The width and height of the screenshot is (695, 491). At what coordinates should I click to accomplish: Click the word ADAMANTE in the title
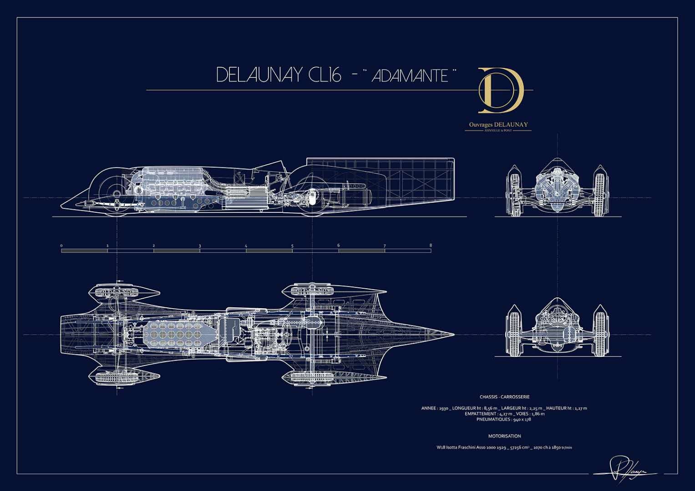click(410, 75)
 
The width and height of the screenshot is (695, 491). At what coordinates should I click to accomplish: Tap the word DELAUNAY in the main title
click(259, 75)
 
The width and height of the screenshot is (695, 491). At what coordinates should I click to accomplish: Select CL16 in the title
click(324, 75)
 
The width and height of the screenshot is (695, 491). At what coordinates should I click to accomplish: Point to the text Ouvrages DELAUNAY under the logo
click(498, 124)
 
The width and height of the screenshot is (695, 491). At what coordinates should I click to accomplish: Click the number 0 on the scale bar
click(61, 245)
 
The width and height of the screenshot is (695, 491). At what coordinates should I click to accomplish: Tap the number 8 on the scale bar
click(431, 245)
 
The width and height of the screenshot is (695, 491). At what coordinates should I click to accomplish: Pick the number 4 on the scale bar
click(246, 245)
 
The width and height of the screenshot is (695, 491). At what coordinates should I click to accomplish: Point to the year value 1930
click(444, 408)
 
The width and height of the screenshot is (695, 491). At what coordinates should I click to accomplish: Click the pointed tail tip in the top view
click(452, 334)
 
